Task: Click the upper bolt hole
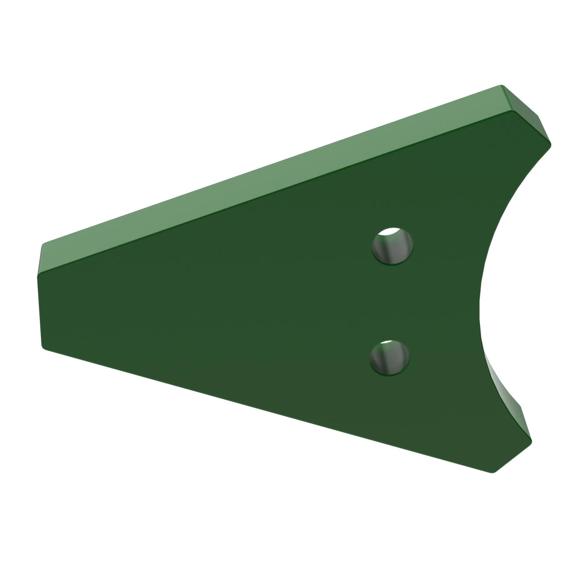pos(392,246)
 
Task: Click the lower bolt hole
pos(390,358)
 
